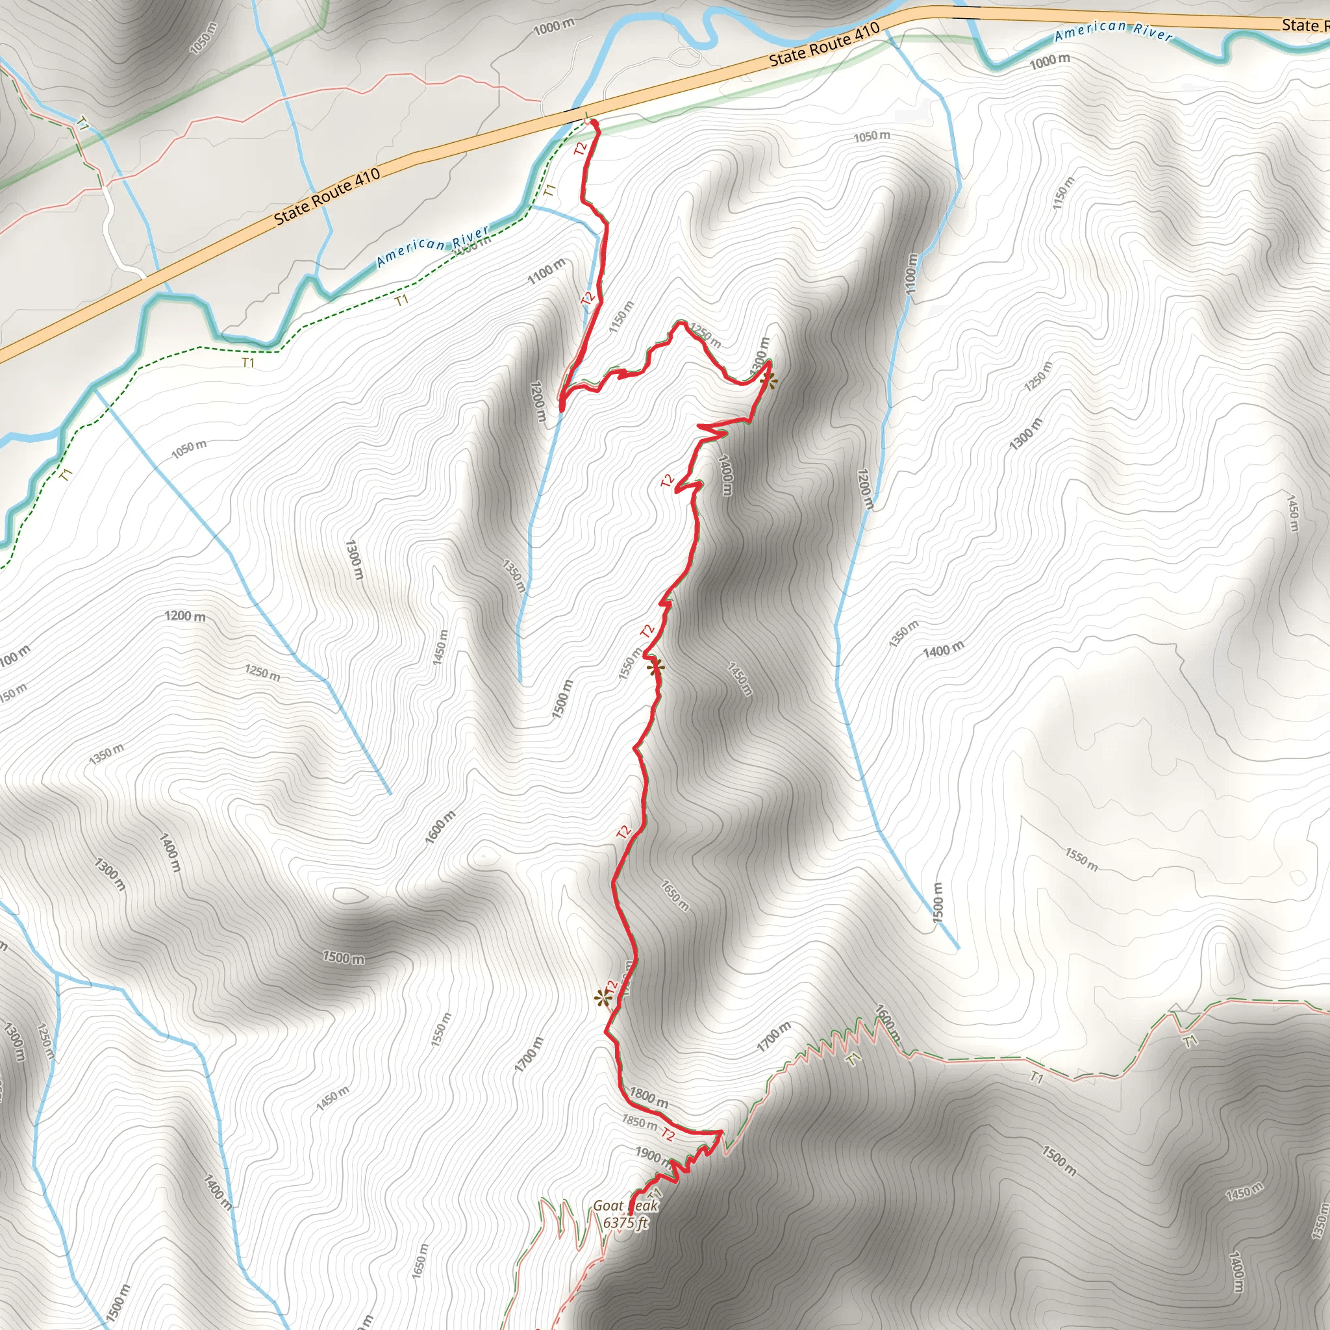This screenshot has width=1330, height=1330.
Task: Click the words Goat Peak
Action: click(x=625, y=1205)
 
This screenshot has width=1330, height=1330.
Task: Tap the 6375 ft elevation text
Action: click(x=625, y=1223)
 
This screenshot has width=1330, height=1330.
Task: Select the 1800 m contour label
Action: click(x=649, y=1098)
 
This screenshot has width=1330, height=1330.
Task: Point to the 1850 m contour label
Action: click(x=639, y=1122)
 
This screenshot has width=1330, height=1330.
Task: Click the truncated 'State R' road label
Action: click(x=1305, y=25)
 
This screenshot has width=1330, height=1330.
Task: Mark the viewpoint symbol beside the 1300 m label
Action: click(x=770, y=381)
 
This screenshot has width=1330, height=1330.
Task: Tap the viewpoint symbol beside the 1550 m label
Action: click(x=655, y=666)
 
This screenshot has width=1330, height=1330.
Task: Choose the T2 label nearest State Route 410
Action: click(x=581, y=148)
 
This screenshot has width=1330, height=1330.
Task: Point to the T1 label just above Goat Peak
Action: click(x=655, y=1194)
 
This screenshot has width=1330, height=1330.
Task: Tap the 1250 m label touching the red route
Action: click(x=706, y=336)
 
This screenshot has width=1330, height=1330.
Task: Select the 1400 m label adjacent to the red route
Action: click(x=725, y=475)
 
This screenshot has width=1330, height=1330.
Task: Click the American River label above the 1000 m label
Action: click(x=1113, y=32)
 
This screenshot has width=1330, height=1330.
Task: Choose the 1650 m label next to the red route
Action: click(x=675, y=895)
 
